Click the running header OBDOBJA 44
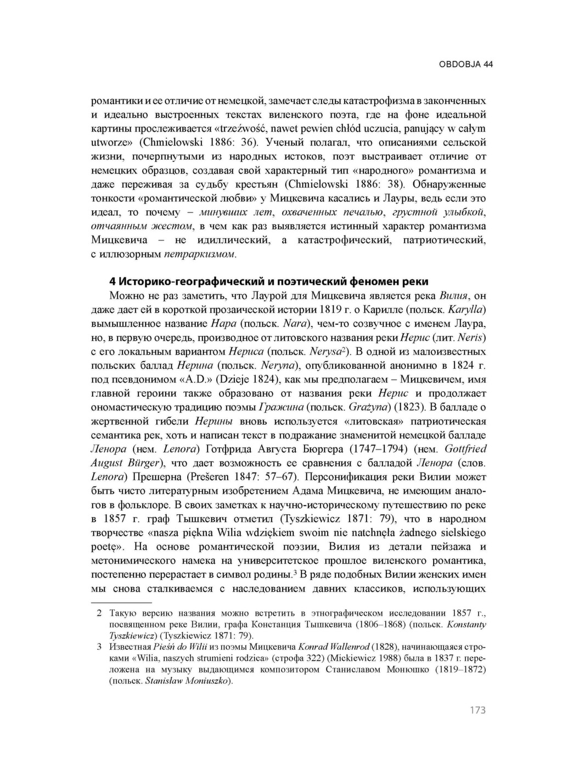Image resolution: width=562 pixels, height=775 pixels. (465, 64)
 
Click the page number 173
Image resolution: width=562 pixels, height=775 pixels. (477, 710)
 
